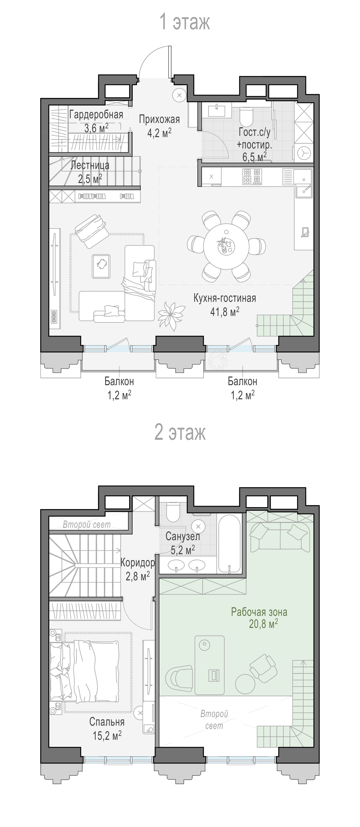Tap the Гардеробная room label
96,115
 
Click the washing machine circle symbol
304,153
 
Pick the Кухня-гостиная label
225,298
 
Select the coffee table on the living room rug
101,266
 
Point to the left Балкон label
119,381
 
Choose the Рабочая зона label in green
259,612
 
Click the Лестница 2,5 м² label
90,172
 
